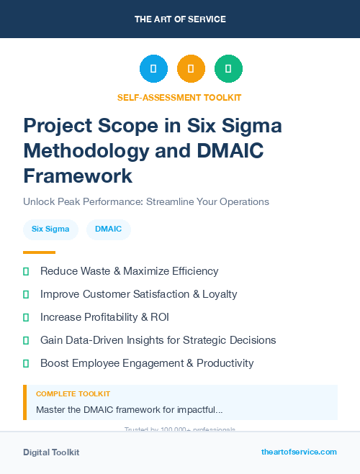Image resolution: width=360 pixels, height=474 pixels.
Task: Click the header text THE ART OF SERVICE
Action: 180,19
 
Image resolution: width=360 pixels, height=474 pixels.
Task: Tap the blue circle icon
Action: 153,68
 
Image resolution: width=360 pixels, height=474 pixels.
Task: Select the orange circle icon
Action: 191,68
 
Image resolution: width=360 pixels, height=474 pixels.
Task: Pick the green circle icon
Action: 228,68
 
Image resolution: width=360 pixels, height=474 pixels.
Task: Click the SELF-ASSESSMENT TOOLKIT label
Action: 179,97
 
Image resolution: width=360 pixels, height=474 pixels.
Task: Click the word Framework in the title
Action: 78,176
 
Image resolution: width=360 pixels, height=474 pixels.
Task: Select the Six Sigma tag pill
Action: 51,229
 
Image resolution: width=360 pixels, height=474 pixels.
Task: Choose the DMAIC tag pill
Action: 109,229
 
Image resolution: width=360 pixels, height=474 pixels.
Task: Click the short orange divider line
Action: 39,252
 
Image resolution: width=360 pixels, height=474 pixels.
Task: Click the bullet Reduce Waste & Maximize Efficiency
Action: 129,271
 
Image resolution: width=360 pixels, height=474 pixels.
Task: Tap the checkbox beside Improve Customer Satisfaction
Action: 27,294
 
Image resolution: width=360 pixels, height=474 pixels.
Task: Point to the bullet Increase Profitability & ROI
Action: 104,317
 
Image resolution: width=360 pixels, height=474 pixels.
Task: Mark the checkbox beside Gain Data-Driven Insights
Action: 27,340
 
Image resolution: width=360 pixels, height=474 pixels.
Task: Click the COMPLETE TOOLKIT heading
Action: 73,394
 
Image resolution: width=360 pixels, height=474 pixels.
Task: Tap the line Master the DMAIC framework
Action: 129,410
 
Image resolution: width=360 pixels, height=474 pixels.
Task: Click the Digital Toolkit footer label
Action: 51,452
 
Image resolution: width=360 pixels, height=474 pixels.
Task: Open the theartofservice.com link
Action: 299,452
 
